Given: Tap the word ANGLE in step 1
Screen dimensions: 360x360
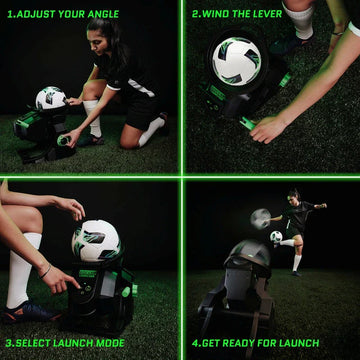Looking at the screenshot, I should point(102,14).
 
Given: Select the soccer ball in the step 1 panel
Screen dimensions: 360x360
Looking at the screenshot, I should point(51,99).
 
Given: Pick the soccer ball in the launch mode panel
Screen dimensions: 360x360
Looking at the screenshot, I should point(95,241).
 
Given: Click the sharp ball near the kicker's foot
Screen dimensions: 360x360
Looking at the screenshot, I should point(275,237).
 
